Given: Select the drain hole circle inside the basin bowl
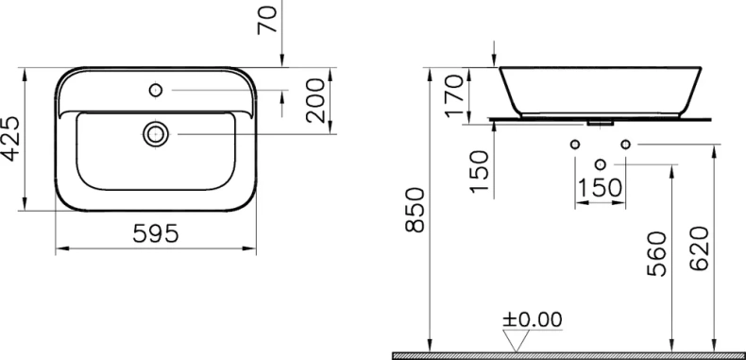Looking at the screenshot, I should coord(156,134).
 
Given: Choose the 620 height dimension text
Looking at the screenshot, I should coord(700,247).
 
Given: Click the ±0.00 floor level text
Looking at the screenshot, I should coord(531,319).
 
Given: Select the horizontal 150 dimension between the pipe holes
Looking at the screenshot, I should coord(600,187).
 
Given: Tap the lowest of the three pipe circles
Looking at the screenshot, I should coord(600,166).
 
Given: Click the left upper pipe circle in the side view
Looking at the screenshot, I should coord(574,144).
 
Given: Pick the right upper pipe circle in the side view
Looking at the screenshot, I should coord(625,144).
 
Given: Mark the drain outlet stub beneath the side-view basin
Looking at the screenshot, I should coord(600,123).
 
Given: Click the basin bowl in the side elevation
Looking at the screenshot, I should coord(600,90).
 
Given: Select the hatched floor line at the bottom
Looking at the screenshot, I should coord(567,355).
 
